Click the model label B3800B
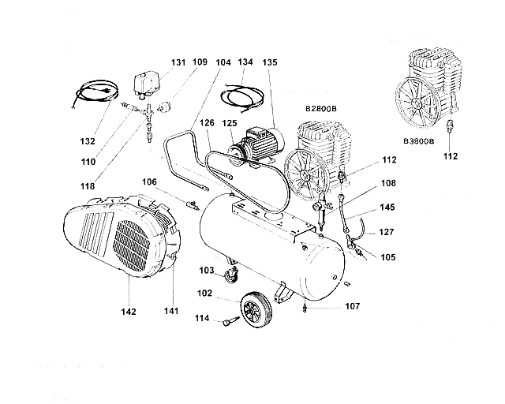tap(418, 141)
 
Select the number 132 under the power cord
tap(88, 141)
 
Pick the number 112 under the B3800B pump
tap(450, 155)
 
